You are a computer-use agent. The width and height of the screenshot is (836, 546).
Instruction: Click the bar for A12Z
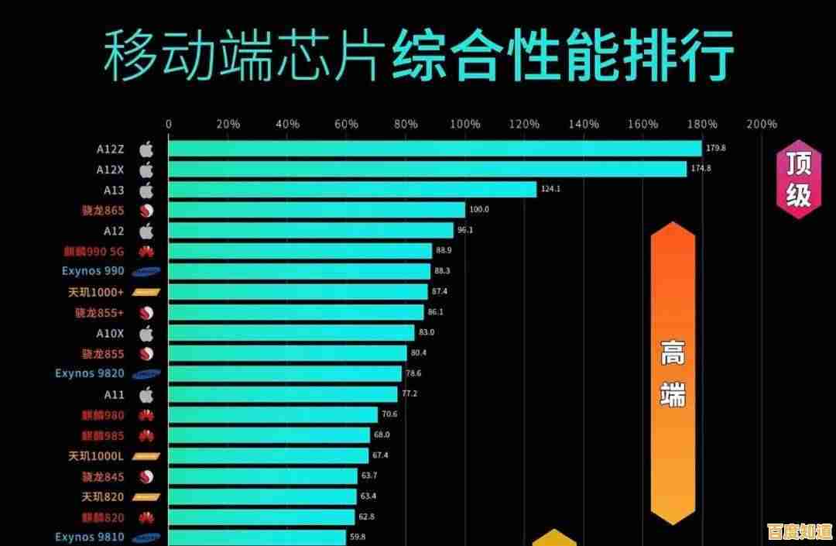point(434,148)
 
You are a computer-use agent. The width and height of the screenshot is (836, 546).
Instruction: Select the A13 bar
point(352,189)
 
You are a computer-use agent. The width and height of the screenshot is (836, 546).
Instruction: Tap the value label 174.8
point(701,169)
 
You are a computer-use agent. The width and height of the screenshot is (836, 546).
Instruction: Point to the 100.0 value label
point(480,210)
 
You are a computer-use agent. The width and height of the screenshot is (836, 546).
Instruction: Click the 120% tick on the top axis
point(524,125)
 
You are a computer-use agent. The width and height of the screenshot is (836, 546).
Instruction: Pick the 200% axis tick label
point(762,125)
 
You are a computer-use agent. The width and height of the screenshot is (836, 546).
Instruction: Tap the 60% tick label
point(346,125)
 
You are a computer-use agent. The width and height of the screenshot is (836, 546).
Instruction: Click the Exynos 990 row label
point(93,271)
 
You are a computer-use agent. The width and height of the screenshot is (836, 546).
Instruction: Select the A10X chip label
point(110,332)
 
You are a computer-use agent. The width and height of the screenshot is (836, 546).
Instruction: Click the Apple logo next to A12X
point(146,169)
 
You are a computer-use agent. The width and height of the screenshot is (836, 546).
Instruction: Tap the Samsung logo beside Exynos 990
point(146,272)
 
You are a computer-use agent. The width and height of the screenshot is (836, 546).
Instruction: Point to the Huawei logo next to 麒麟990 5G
point(146,251)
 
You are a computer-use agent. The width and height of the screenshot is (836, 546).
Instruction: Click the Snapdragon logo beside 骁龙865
point(146,210)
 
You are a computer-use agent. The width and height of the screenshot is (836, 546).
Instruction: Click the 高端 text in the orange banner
point(673,376)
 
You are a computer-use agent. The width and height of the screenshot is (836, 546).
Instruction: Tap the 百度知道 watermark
point(798,532)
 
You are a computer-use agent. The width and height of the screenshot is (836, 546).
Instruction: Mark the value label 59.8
point(358,537)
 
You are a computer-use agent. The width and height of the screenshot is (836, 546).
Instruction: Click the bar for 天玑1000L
point(268,455)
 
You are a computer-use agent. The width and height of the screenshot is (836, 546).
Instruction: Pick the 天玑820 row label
point(103,496)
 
